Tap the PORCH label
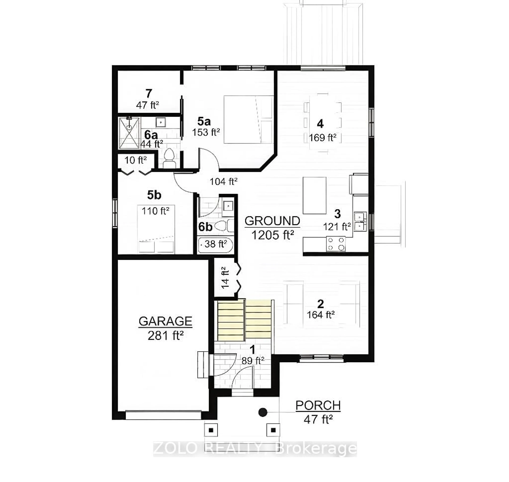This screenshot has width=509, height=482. point(318,406)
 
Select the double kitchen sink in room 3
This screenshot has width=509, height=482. point(360,222)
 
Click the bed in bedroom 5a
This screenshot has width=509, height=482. point(248,120)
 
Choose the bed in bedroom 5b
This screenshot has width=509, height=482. point(156,229)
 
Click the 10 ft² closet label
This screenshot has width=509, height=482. point(135,160)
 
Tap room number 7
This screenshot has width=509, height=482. point(149,94)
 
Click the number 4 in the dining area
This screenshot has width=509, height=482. point(320,124)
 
